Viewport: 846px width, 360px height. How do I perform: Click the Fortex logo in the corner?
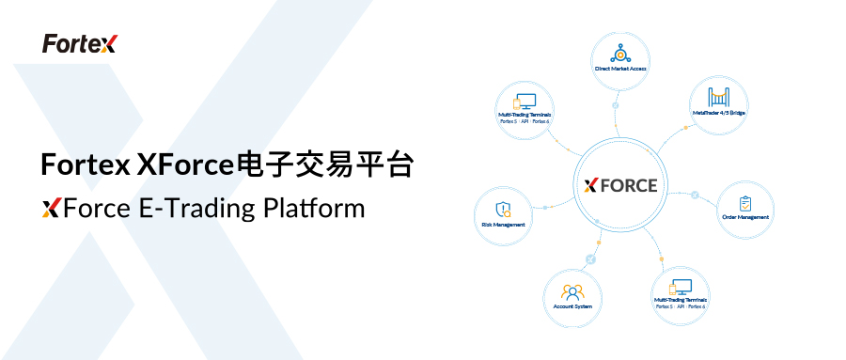coord(79,43)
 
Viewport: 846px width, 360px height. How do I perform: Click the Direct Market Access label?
coord(619,69)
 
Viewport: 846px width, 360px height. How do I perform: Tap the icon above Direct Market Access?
coord(619,52)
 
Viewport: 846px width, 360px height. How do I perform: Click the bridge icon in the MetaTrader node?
coord(718,96)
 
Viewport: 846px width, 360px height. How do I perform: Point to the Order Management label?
coord(745,217)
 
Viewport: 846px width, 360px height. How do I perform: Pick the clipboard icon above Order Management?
coord(745,202)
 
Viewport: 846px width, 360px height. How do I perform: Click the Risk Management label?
coord(503,225)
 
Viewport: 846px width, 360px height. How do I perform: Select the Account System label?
coord(572,305)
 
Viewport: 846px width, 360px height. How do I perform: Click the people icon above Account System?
coord(572,290)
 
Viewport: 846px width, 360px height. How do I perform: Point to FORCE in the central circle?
coord(629,185)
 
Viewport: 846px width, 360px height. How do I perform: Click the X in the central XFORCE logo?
coord(591,185)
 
